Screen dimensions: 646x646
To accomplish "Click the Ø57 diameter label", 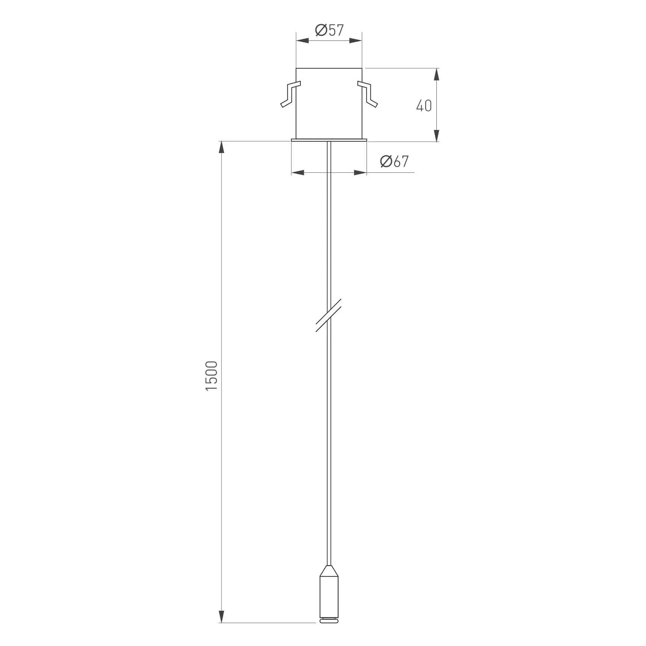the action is (x=329, y=30).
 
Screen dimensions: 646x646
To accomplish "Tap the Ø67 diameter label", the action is (x=394, y=161).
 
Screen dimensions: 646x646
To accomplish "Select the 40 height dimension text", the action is (x=424, y=106).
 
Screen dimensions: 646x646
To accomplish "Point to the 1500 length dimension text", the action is (x=212, y=376).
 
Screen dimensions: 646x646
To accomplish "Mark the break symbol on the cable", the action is (x=329, y=315).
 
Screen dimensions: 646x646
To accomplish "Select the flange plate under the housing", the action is (x=329, y=140).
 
